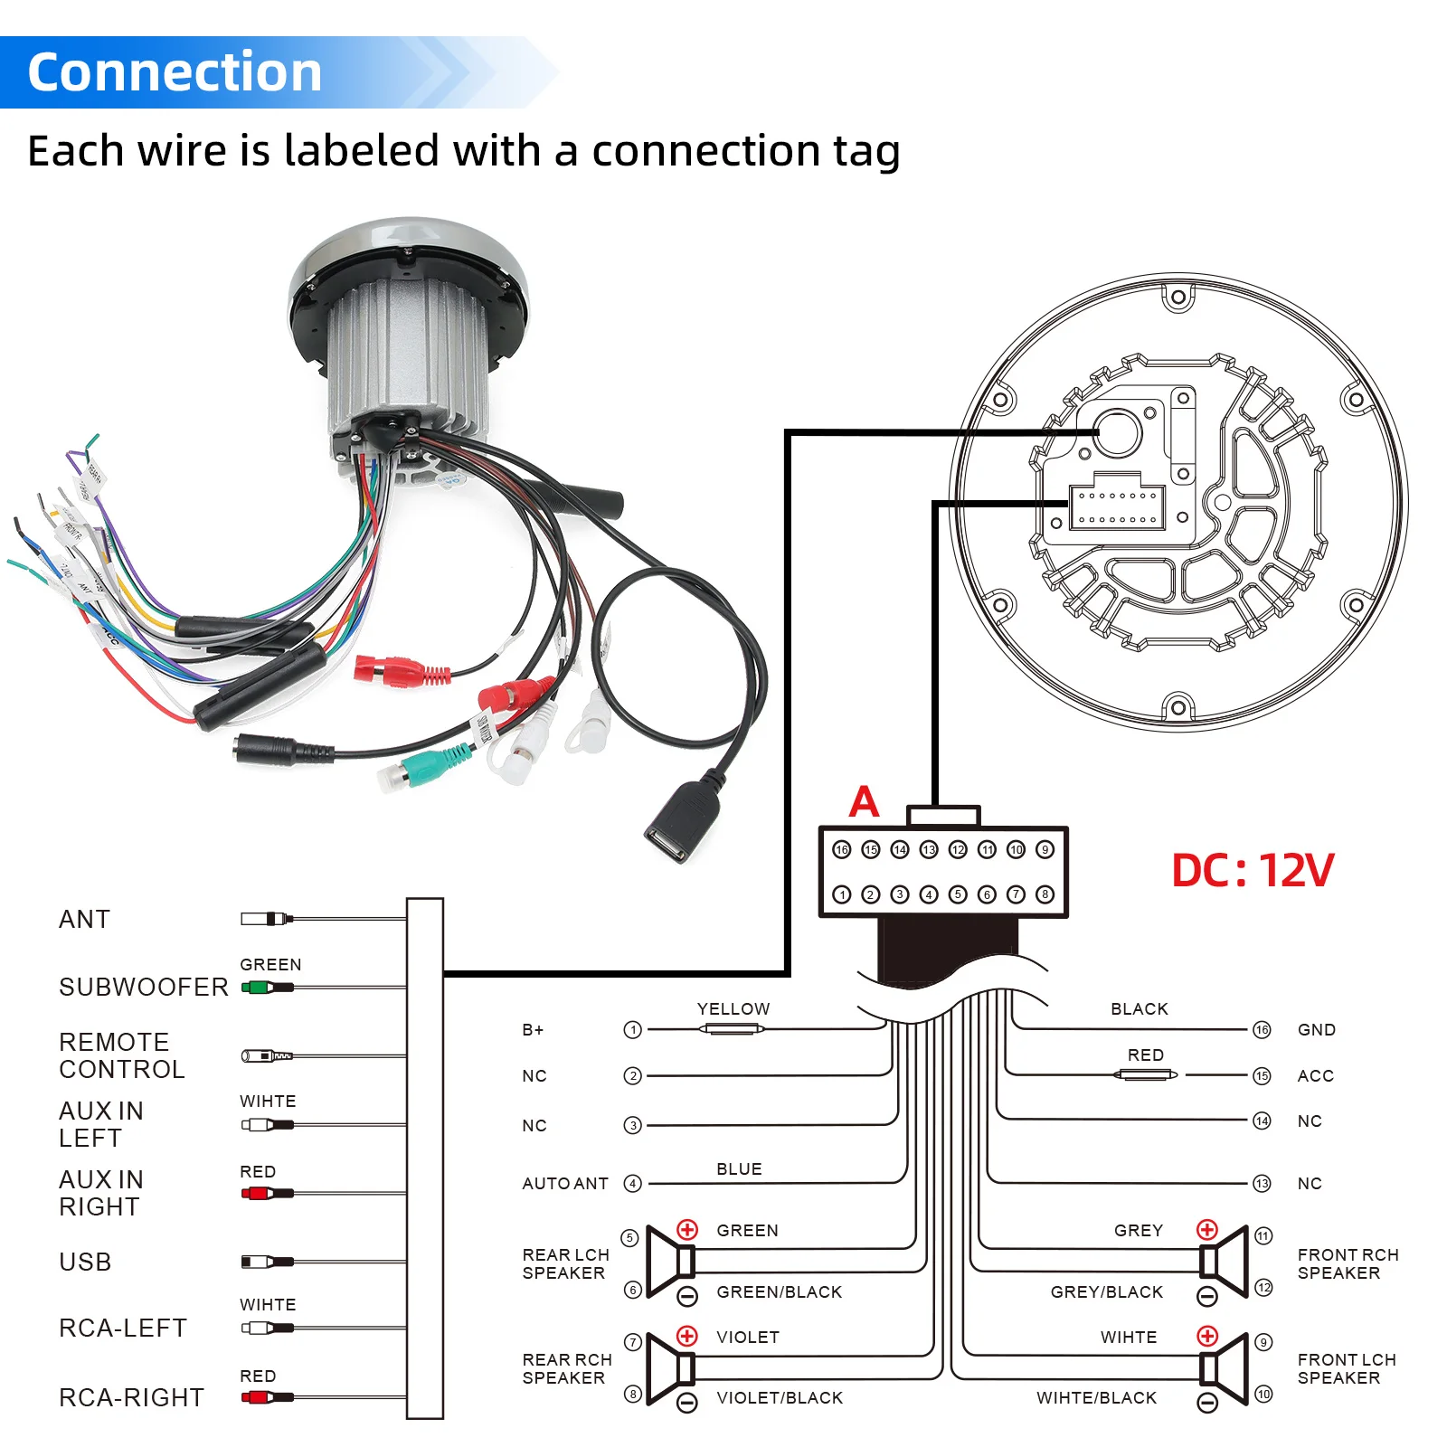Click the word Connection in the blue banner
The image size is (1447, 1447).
pyautogui.click(x=175, y=72)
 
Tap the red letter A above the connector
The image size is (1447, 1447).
pyautogui.click(x=864, y=801)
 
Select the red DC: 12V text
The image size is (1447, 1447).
pyautogui.click(x=1252, y=870)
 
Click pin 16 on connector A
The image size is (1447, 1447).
pyautogui.click(x=842, y=849)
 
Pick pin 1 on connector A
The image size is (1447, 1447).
pyautogui.click(x=842, y=894)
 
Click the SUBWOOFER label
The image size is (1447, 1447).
pyautogui.click(x=143, y=987)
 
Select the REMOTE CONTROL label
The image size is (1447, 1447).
pyautogui.click(x=121, y=1055)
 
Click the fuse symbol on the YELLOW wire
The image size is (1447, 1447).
pyautogui.click(x=733, y=1029)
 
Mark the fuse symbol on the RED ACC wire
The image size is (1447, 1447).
pyautogui.click(x=1146, y=1075)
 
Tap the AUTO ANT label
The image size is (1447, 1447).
pyautogui.click(x=564, y=1183)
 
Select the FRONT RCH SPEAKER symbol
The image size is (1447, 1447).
pyautogui.click(x=1225, y=1263)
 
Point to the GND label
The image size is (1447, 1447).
pyautogui.click(x=1316, y=1030)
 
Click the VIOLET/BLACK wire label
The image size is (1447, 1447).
pyautogui.click(x=780, y=1398)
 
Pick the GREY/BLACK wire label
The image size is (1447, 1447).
pyautogui.click(x=1106, y=1292)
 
